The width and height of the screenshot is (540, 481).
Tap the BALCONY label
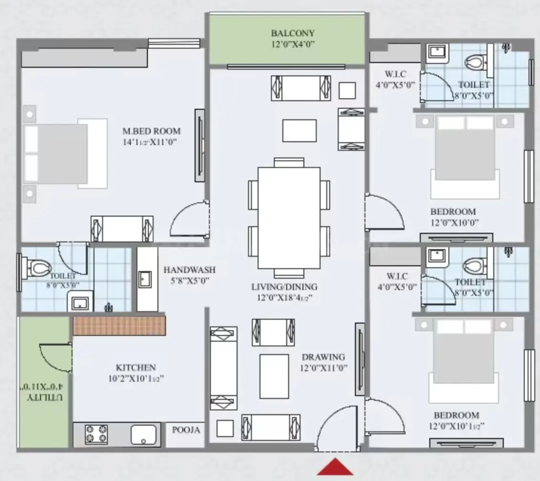coord(293,33)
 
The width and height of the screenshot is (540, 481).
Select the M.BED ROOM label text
coord(152,131)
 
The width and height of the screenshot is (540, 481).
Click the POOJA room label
coord(186,429)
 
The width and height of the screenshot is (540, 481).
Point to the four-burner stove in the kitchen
coord(96,434)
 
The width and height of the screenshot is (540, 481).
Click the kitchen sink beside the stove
coord(144,435)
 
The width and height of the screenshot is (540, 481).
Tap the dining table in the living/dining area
coord(289,218)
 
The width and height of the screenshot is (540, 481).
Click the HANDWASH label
coord(189,270)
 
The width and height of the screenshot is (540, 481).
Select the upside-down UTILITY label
coord(45,397)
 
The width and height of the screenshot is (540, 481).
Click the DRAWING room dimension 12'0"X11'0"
coord(323,368)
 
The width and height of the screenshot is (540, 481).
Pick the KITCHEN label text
coord(135,367)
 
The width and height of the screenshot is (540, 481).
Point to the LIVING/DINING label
coord(284,287)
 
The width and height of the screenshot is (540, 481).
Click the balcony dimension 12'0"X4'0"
coord(293,44)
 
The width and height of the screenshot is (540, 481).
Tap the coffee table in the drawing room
coord(274,376)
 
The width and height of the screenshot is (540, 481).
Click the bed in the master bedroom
coord(65,154)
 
